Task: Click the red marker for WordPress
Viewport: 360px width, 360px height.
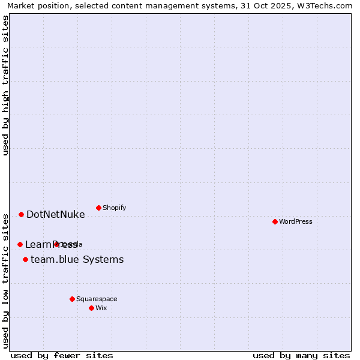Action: tap(275, 221)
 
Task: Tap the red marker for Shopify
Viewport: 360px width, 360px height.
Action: tap(98, 208)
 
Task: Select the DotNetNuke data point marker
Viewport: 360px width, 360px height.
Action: tap(21, 214)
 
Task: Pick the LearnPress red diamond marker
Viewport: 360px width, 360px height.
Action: tap(20, 244)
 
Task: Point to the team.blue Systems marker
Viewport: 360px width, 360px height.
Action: tap(25, 259)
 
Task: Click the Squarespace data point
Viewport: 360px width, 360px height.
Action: tap(72, 299)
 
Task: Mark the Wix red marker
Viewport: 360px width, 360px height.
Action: tap(91, 308)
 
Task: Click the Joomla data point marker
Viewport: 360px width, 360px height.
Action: tap(56, 244)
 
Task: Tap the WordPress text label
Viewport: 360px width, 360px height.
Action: tap(296, 221)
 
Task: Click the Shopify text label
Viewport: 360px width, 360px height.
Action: tap(114, 208)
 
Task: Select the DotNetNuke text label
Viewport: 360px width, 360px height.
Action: tap(56, 214)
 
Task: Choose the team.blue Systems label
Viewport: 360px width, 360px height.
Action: tap(77, 259)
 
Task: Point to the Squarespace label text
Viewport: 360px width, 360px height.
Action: tap(97, 299)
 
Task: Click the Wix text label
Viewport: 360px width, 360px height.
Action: tap(101, 308)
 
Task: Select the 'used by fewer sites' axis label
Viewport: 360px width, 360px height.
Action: tap(62, 355)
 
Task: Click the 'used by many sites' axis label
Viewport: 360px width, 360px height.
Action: tap(301, 355)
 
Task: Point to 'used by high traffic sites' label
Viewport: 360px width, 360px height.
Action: tap(5, 86)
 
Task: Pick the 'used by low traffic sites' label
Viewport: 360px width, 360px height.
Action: tap(5, 280)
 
